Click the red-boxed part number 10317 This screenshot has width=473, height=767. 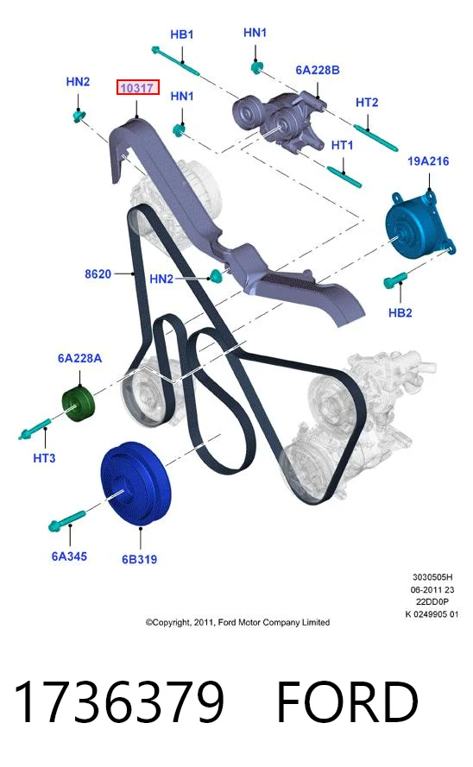(137, 88)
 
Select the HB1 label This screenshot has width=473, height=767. (182, 35)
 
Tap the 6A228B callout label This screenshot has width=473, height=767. (318, 70)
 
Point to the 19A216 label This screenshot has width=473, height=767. (428, 161)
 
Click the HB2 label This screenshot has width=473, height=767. (400, 312)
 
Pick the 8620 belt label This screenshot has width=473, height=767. (98, 274)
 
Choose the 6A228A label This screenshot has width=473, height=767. (79, 358)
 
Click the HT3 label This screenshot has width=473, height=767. (44, 458)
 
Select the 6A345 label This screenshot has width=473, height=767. (69, 556)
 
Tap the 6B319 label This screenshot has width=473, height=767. (140, 558)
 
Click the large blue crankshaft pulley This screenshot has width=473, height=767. (136, 483)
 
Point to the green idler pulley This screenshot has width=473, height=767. (79, 402)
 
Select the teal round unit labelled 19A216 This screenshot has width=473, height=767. (419, 225)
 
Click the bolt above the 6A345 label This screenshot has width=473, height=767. (67, 520)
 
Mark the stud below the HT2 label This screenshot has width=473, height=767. (375, 138)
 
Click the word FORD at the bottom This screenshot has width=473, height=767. (347, 701)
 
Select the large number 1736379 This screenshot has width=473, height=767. (119, 701)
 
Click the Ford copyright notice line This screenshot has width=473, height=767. (237, 622)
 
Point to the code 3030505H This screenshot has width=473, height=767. (432, 577)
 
